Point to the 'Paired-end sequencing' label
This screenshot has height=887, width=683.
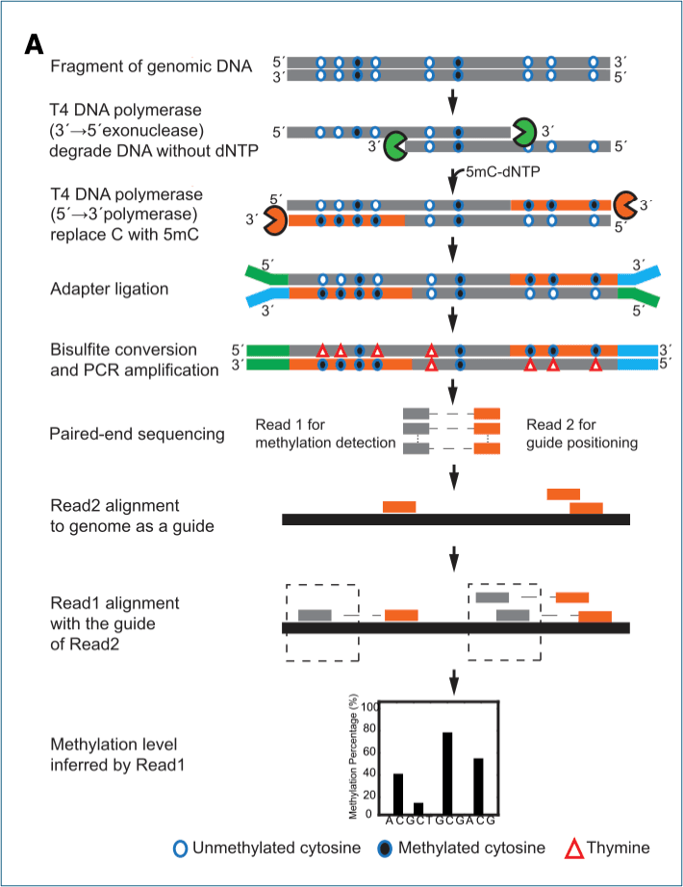pyautogui.click(x=137, y=434)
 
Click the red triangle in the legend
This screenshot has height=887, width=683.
pyautogui.click(x=573, y=849)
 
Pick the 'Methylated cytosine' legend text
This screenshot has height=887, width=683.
pyautogui.click(x=471, y=849)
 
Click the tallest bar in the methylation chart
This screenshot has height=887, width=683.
pyautogui.click(x=447, y=773)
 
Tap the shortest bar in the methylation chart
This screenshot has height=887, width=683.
pyautogui.click(x=418, y=808)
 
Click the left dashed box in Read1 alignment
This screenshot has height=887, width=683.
pyautogui.click(x=326, y=621)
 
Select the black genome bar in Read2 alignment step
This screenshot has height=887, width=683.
pyautogui.click(x=455, y=520)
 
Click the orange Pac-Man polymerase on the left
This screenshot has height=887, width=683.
pyautogui.click(x=275, y=219)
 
